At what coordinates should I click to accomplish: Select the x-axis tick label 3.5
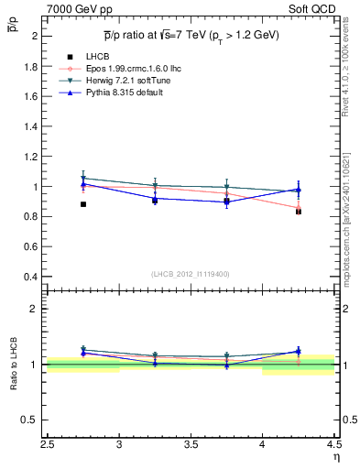click(191, 448)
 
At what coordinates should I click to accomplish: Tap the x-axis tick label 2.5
click(48, 448)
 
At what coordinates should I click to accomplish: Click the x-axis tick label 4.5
click(333, 448)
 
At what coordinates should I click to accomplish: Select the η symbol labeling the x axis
click(335, 459)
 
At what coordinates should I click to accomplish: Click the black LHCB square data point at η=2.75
click(83, 204)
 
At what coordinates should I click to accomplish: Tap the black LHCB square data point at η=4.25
click(299, 211)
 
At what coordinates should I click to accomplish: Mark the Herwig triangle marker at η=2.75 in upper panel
click(83, 179)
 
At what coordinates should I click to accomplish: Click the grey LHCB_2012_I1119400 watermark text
click(191, 274)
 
